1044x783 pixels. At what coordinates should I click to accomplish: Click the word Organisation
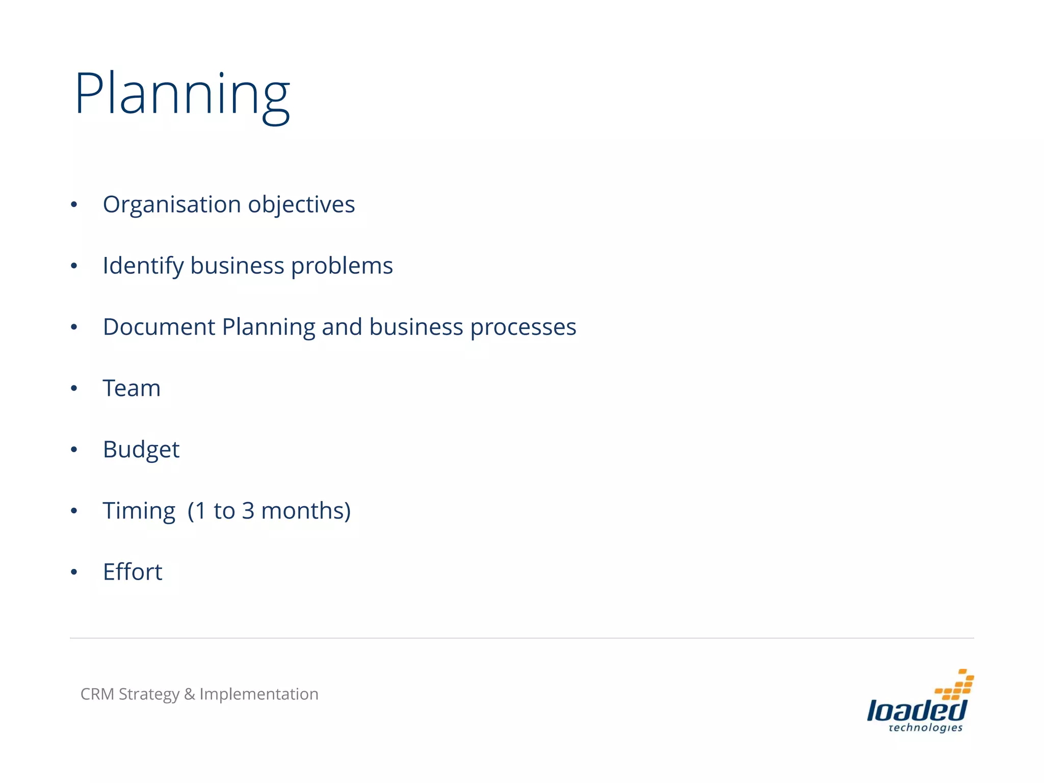[x=172, y=205]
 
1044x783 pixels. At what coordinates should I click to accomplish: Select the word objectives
[x=301, y=205]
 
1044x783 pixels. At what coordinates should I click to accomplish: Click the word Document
[x=159, y=327]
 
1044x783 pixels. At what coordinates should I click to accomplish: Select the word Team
[x=132, y=388]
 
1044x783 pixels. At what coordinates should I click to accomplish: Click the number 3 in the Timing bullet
[x=248, y=511]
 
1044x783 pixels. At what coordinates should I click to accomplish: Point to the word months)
[x=306, y=511]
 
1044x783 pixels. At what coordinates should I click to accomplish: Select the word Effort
[x=133, y=572]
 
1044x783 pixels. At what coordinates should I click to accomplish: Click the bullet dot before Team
[x=74, y=388]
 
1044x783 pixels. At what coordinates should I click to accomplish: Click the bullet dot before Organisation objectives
[x=74, y=205]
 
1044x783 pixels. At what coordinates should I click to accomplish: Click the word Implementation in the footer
[x=258, y=694]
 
